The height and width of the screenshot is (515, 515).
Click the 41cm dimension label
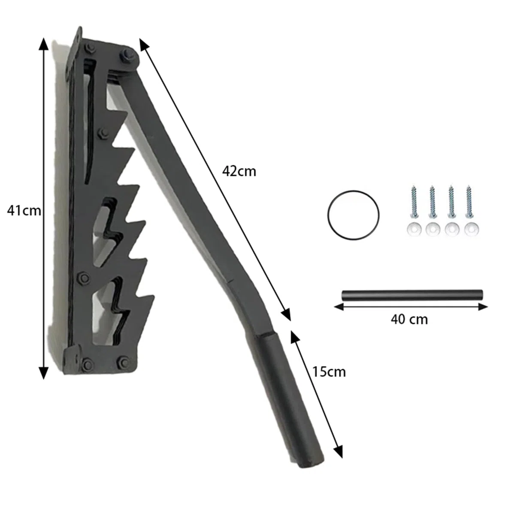coord(24,211)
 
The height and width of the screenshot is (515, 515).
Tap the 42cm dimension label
coord(239,171)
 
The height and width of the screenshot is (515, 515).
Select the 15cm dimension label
coord(329,372)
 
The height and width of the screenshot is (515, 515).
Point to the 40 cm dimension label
coord(409,319)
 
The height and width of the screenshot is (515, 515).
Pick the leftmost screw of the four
coord(414,200)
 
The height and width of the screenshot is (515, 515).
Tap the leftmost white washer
coord(414,229)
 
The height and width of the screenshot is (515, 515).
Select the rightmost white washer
coord(472,229)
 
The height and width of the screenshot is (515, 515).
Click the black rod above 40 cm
coord(412,295)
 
